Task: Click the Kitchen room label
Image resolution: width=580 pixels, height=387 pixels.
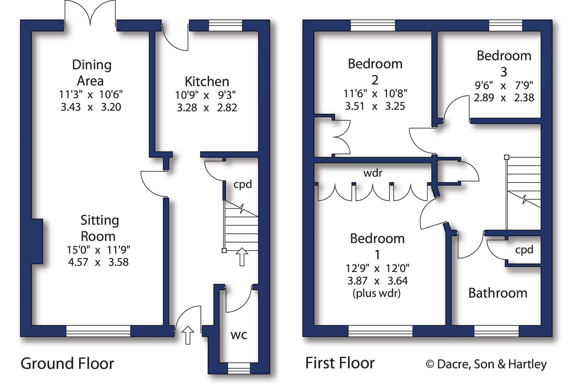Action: (207, 81)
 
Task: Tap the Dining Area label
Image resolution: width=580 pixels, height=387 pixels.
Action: (91, 73)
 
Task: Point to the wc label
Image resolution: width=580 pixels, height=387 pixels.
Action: (239, 335)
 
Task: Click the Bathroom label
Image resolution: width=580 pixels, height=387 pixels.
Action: (498, 293)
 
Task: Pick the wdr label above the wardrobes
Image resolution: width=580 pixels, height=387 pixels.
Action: (373, 173)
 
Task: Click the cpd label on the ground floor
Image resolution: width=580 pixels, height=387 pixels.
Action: (243, 185)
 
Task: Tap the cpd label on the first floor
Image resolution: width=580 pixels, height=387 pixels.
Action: (524, 250)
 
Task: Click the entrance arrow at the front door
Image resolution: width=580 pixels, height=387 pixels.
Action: (188, 335)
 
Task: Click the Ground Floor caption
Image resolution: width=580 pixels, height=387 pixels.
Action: (67, 364)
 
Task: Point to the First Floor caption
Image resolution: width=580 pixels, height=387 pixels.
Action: (340, 363)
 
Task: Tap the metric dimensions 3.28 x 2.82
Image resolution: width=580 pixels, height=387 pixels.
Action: (207, 108)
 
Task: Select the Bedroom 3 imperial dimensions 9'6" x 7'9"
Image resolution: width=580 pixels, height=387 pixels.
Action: (504, 85)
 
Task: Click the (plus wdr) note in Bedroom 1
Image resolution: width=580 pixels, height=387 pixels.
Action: (377, 294)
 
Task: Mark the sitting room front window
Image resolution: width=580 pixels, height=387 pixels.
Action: (98, 331)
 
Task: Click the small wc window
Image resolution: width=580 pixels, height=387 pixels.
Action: (239, 368)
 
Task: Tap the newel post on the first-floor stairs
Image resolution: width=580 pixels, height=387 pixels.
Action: (507, 157)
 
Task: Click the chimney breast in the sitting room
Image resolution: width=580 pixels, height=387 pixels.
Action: (37, 241)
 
